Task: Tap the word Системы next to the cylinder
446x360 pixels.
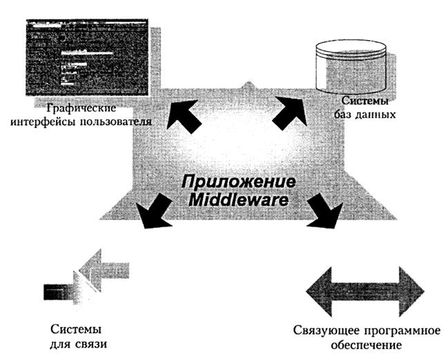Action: pyautogui.click(x=359, y=99)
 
